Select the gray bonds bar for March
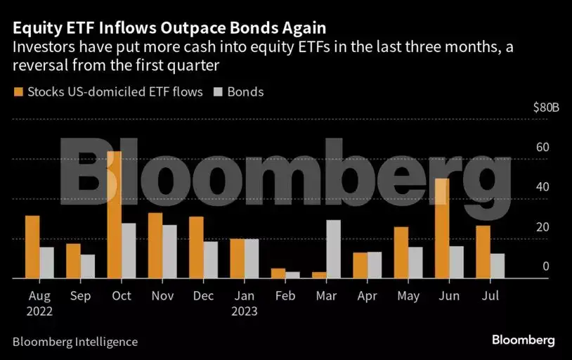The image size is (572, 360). (x=333, y=249)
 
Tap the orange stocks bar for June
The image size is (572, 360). (x=441, y=229)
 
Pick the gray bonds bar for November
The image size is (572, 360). (x=169, y=252)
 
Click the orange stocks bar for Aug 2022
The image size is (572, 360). (x=32, y=247)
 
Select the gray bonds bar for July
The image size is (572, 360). (x=498, y=266)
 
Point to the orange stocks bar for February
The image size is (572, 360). (x=278, y=274)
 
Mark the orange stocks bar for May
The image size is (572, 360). (x=401, y=252)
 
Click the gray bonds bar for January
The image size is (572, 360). (x=251, y=259)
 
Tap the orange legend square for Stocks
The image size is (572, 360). (x=18, y=91)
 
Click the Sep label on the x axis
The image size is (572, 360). (x=80, y=296)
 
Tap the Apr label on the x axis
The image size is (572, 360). (x=368, y=296)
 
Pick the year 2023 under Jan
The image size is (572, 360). (x=245, y=311)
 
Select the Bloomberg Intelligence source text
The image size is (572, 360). (x=75, y=342)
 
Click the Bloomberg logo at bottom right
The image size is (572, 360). (x=523, y=340)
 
